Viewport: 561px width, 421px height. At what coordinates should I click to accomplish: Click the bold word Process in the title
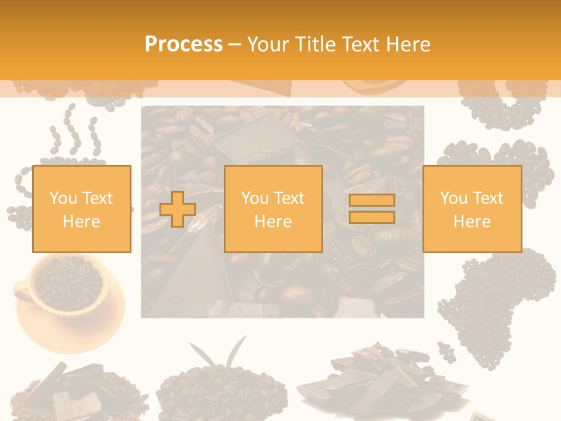click(183, 44)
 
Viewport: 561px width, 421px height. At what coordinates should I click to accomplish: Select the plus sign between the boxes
click(178, 209)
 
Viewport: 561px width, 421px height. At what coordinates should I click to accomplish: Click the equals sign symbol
click(372, 209)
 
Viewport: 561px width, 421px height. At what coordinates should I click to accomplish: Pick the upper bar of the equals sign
click(372, 201)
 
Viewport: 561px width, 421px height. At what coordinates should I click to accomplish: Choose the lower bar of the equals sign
click(372, 218)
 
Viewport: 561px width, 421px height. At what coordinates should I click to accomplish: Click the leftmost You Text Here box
click(82, 209)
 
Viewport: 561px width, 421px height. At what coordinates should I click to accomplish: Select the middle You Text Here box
click(273, 209)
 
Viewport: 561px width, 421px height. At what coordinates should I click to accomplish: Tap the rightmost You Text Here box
click(472, 209)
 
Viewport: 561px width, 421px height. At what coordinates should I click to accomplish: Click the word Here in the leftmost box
click(82, 222)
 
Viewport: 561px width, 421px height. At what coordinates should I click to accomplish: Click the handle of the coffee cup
click(22, 291)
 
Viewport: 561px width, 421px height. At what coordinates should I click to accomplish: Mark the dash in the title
click(234, 44)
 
